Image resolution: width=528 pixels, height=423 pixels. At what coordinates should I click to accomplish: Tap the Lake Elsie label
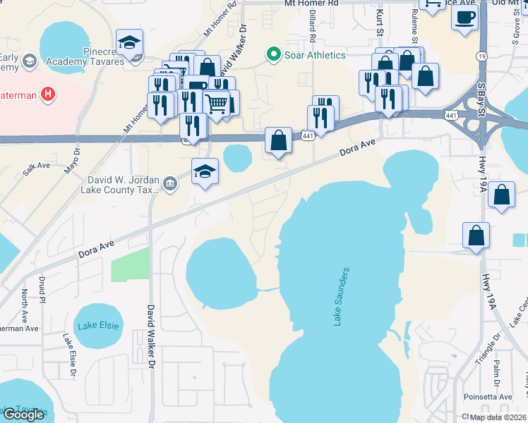coord(97,325)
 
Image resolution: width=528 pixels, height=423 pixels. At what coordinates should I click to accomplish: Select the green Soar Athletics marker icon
coord(272,54)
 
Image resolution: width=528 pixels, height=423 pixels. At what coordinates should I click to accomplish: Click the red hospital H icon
coord(48,94)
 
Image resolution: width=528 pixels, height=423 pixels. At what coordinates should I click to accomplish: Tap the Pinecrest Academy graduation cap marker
coord(130,44)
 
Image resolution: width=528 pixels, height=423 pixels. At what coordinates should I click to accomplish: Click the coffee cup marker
coord(465,17)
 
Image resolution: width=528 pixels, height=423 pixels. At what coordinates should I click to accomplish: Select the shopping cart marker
coord(217,104)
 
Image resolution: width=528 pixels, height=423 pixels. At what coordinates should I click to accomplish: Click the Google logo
coord(23,415)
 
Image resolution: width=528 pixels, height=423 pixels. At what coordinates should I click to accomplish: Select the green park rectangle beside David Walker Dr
coord(130,264)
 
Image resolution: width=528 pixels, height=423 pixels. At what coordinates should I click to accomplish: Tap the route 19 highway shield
coord(481,55)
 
